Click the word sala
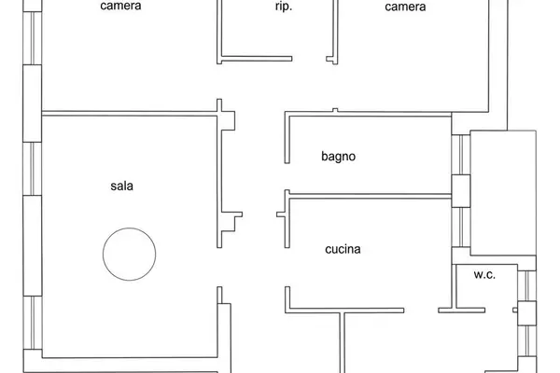coord(121,186)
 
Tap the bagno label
coord(338,157)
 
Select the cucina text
coord(343,249)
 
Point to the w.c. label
coord(484,274)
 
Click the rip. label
coord(284,7)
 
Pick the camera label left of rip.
coord(120,6)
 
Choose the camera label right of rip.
coord(405,7)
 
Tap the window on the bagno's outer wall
coord(461,155)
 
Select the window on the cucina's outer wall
coord(461,228)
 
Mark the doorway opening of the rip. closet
coord(309,59)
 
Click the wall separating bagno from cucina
coord(370,196)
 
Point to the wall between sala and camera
coord(130,114)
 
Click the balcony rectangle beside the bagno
coord(503,193)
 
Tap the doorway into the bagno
coord(287,176)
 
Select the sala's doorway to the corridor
coord(219,267)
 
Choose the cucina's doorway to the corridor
coord(287,267)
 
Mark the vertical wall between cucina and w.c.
coord(454,286)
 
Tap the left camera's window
coord(33,38)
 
